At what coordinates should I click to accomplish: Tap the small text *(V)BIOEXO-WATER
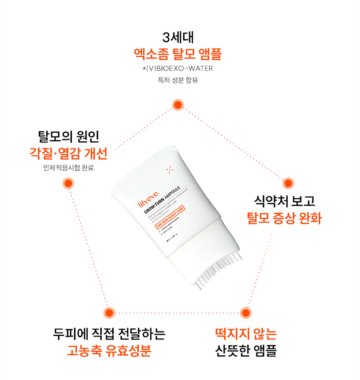tap(178, 69)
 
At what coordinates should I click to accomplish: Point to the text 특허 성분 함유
tap(178, 81)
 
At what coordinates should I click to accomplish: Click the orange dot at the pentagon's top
tap(178, 105)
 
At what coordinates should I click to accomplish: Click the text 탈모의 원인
tap(66, 135)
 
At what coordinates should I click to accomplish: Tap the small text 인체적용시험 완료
tap(66, 168)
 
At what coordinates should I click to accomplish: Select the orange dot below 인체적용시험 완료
tap(67, 183)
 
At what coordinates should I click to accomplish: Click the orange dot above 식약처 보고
tap(288, 183)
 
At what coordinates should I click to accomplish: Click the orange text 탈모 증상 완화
tap(285, 218)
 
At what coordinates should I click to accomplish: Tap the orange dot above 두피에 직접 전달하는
tap(109, 313)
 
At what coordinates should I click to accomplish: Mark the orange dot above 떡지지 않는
tap(246, 313)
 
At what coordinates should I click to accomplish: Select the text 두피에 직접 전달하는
tap(109, 334)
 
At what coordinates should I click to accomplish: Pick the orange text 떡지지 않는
tap(246, 334)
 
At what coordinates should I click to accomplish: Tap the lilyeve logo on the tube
tap(146, 203)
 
